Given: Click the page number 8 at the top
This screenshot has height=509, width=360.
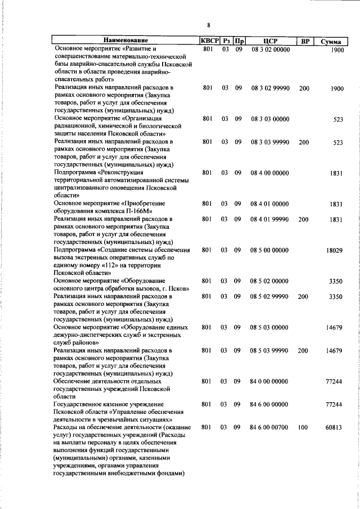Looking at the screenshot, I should click(x=208, y=25).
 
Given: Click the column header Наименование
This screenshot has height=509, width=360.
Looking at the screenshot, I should click(x=125, y=41).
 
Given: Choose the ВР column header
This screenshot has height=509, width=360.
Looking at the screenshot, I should click(x=304, y=41).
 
